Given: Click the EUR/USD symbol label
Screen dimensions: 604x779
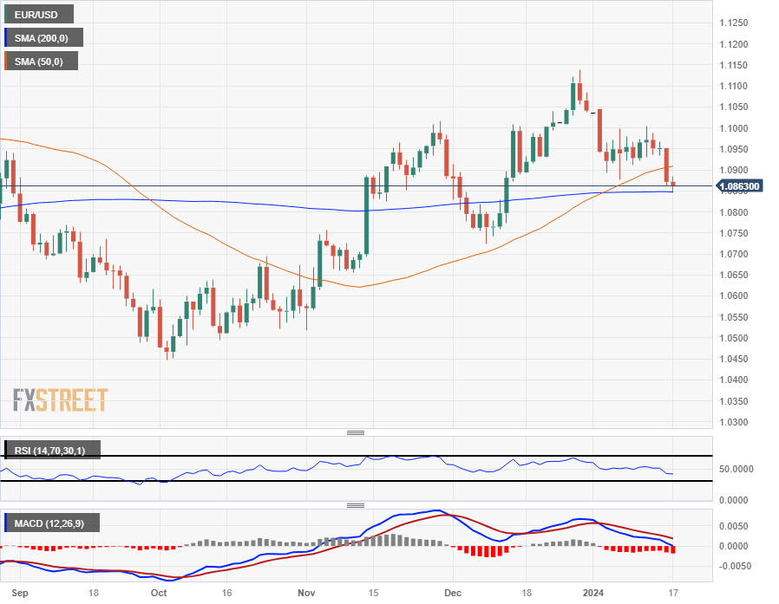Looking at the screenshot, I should [37, 15].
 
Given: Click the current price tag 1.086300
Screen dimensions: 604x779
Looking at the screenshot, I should [739, 186].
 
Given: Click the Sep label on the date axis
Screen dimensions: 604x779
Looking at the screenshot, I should [22, 594].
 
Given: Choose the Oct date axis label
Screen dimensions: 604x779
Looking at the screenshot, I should [159, 594].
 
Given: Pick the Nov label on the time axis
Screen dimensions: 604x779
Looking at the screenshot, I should [307, 594].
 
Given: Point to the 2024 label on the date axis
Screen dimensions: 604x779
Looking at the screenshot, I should [594, 594].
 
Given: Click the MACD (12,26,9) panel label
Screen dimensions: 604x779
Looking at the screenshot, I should [51, 523].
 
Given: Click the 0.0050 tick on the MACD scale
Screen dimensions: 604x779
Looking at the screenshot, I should [736, 526].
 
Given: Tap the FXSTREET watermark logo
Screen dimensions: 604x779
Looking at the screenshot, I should [61, 400].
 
